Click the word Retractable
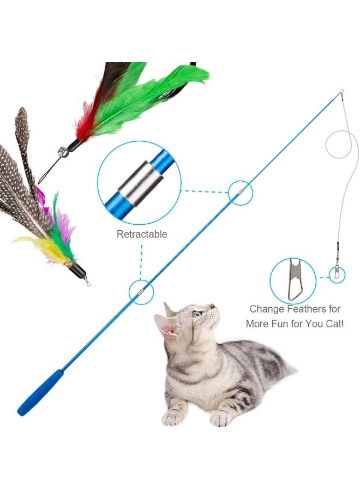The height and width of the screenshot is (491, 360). coord(142,235)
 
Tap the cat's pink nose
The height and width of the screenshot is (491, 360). coord(213,307)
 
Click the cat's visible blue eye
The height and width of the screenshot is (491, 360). coord(196,314)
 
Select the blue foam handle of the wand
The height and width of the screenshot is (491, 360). coord(41,393)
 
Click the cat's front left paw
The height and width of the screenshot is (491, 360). coord(174,417)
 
